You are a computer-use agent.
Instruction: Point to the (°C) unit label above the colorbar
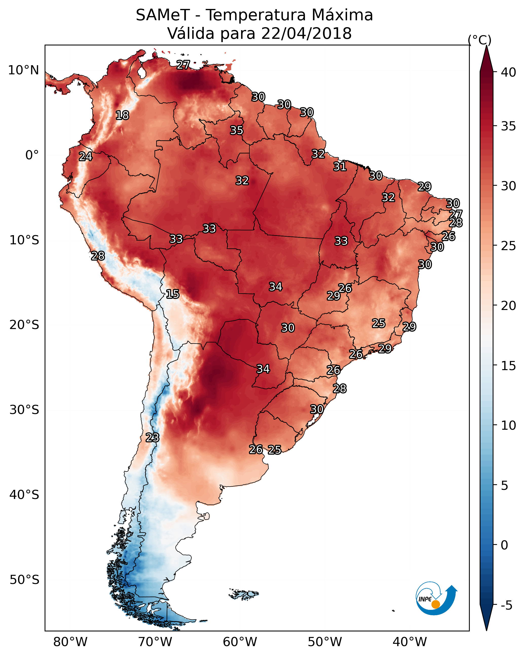(479, 40)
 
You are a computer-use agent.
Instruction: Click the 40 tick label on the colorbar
(508, 72)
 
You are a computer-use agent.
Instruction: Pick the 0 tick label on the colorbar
(504, 545)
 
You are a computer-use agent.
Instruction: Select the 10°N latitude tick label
(23, 70)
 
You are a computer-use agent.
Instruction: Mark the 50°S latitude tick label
(24, 580)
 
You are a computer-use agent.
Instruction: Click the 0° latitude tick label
(32, 155)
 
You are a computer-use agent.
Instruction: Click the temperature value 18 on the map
(122, 115)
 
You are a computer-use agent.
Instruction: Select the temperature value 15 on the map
(172, 294)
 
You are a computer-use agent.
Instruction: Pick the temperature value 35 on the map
(236, 130)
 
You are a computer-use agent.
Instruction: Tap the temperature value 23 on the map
(152, 438)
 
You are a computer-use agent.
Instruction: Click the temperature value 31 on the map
(340, 167)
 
